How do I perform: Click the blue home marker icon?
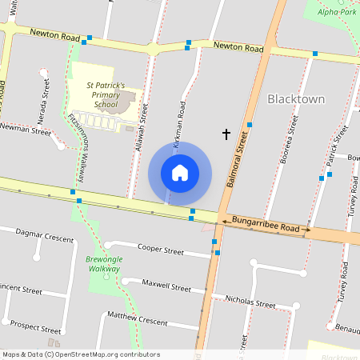click(x=180, y=173)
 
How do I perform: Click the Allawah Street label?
click(x=142, y=128)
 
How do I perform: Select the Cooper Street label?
click(x=161, y=249)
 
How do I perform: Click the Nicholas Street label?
click(x=250, y=302)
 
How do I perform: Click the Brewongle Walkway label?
click(x=102, y=264)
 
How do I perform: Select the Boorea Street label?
click(x=288, y=141)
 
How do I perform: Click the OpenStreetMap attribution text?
click(x=81, y=354)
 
